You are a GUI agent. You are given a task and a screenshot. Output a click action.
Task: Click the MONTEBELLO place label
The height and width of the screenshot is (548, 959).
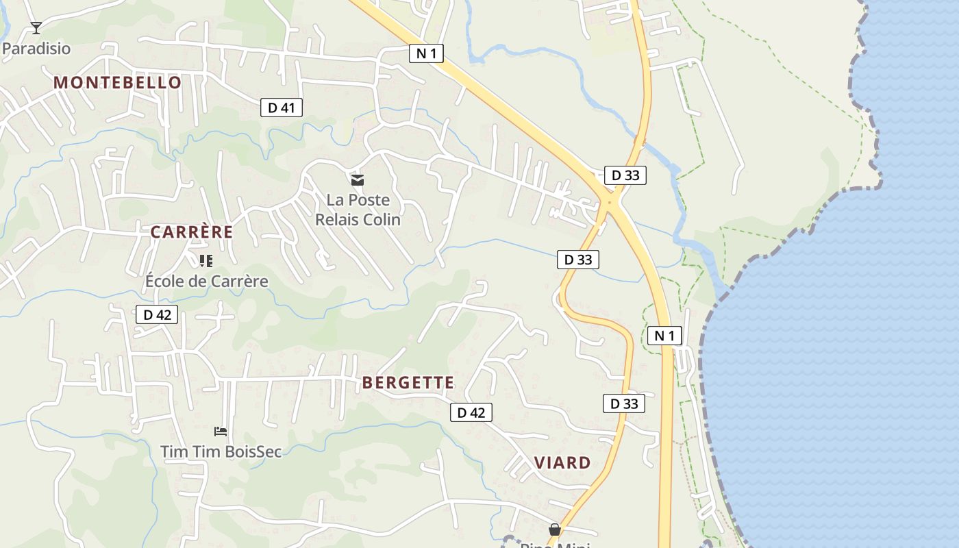[x=117, y=83]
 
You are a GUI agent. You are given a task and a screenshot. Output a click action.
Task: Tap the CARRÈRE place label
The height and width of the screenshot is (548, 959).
[x=192, y=232]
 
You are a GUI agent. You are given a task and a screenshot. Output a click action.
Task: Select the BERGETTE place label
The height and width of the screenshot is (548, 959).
[x=408, y=383]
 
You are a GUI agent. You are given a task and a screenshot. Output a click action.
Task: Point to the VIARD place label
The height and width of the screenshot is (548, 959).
[x=562, y=463]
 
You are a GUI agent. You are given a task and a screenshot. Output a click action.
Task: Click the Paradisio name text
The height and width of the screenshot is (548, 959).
[x=36, y=49]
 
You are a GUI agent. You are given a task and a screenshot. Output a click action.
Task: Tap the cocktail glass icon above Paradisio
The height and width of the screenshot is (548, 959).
[x=36, y=28]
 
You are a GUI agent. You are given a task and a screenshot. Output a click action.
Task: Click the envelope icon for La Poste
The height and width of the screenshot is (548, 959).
[x=357, y=180]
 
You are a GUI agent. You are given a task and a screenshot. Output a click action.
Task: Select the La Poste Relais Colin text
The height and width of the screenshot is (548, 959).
[x=358, y=210]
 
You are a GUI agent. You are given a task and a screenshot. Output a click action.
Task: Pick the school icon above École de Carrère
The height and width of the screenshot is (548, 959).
[x=206, y=260]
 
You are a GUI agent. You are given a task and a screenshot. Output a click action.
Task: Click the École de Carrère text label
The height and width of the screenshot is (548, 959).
[x=207, y=281]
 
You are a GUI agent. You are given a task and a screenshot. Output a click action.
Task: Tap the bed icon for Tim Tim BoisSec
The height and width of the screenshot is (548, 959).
[x=221, y=431]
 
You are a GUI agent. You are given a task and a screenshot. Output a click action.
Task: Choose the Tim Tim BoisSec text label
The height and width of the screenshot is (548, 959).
[x=221, y=451]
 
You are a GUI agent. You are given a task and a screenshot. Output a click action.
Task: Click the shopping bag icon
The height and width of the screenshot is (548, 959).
[x=555, y=530]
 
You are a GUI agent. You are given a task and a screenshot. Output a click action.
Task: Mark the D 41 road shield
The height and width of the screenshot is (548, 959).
[x=282, y=108]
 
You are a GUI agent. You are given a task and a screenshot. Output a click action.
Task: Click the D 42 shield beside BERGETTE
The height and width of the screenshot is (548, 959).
[x=471, y=412]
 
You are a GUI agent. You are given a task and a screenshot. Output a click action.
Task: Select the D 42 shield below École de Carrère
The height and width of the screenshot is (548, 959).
[x=157, y=314]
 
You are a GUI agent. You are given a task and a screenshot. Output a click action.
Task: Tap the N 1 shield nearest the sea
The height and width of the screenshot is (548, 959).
[x=664, y=336]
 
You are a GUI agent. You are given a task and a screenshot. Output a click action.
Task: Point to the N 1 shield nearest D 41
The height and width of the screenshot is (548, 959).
[x=426, y=53]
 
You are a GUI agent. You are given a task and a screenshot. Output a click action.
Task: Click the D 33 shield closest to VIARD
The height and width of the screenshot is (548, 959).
[x=624, y=403]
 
